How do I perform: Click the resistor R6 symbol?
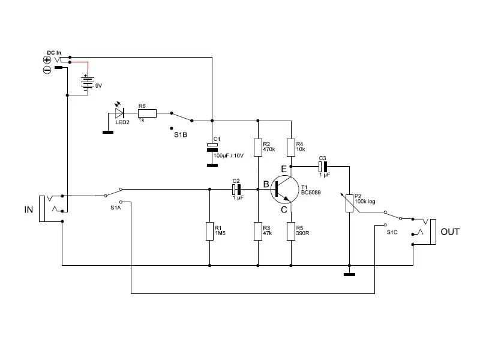(148, 112)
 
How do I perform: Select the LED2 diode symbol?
(119, 112)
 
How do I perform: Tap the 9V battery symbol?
(88, 82)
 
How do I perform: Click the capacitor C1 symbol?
(211, 147)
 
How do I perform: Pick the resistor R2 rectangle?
(258, 147)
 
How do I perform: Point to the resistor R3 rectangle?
(258, 230)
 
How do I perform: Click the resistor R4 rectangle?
(291, 147)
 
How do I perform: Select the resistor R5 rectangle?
(291, 230)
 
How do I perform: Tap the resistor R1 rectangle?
(210, 231)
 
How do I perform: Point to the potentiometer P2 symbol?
(349, 202)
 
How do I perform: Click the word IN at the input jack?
(29, 210)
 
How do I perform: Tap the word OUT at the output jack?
(450, 232)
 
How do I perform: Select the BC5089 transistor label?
(311, 193)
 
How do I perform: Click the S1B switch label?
(181, 135)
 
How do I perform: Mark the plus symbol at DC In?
(47, 59)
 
